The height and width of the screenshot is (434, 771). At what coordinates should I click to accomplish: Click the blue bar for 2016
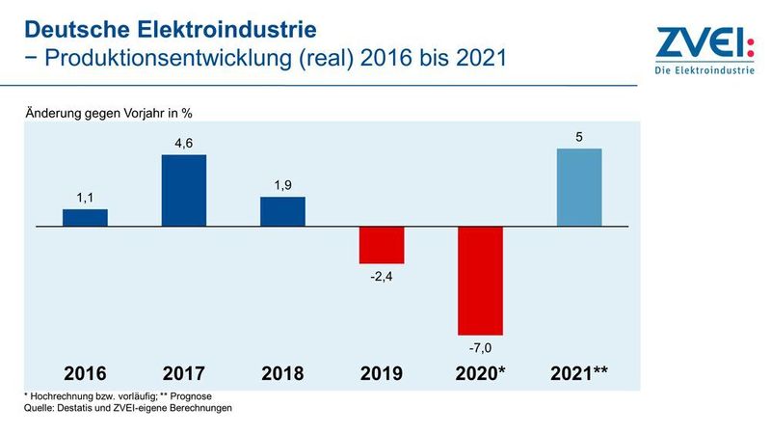click(85, 217)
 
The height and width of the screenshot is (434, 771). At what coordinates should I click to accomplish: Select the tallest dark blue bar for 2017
click(184, 190)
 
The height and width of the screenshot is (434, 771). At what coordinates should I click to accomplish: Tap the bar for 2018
click(283, 211)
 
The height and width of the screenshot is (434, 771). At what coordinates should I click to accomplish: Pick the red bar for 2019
click(382, 245)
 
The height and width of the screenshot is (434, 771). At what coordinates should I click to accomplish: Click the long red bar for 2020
click(481, 280)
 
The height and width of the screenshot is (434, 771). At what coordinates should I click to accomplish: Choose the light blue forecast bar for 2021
click(579, 187)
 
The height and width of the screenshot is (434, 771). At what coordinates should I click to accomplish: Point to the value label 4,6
click(184, 144)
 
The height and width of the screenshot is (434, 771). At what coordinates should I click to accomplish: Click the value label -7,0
click(481, 346)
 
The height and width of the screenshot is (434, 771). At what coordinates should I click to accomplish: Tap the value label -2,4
click(382, 276)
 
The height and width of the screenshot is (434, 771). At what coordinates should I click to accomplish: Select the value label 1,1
click(85, 199)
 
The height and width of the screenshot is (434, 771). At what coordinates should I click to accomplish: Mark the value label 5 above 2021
click(579, 138)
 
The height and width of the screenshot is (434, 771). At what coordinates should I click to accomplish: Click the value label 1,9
click(283, 186)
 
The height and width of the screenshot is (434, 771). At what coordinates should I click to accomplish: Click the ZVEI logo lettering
click(698, 43)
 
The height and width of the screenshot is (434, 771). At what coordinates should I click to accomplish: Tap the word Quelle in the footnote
click(40, 408)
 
